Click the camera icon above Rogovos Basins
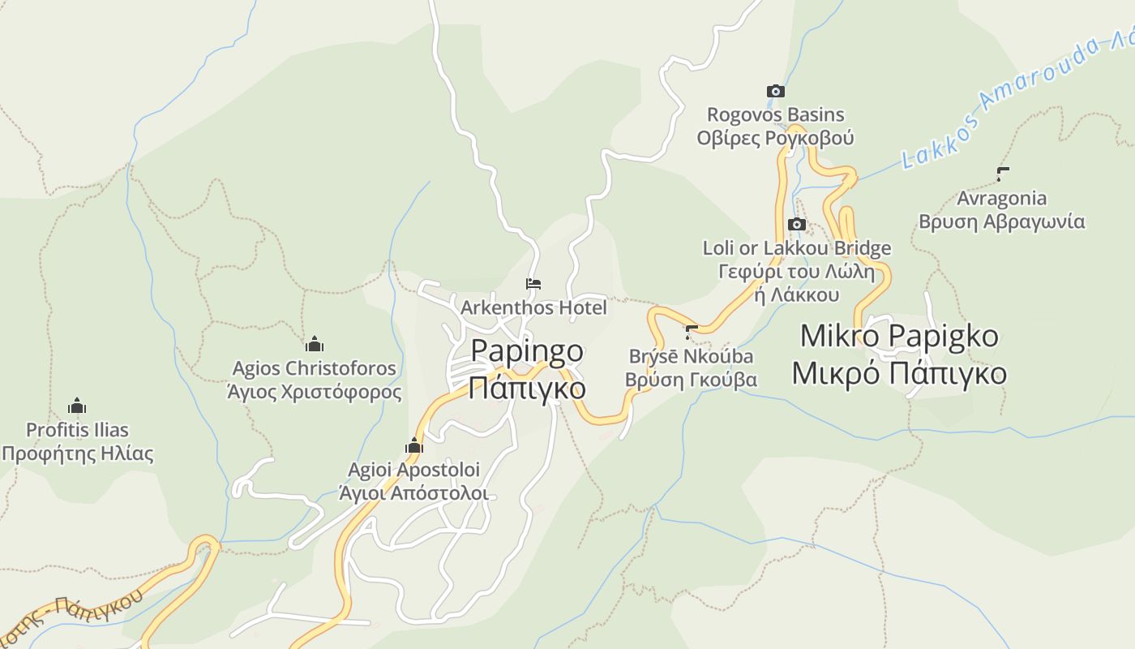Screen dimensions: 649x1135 776,92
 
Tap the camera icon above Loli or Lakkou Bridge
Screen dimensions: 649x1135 797,225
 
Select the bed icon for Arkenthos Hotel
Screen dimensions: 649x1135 533,284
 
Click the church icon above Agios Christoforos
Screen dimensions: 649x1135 315,344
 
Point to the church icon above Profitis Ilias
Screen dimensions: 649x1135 77,406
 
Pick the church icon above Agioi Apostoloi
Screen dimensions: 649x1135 414,445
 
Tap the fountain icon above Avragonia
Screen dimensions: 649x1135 1002,174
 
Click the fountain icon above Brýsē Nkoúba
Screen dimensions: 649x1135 692,332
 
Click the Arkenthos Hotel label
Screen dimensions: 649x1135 533,307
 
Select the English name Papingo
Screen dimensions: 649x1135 527,351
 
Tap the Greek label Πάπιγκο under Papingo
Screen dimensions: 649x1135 527,387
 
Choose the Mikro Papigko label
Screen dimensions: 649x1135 899,336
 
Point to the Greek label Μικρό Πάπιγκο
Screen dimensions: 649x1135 899,373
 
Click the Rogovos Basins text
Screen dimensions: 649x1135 776,114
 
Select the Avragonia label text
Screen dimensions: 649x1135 1002,198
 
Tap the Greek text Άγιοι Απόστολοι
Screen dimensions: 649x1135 413,492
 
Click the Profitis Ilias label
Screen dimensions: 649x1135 77,430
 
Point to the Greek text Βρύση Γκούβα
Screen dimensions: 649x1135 691,379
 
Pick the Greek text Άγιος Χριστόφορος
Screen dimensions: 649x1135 315,392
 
